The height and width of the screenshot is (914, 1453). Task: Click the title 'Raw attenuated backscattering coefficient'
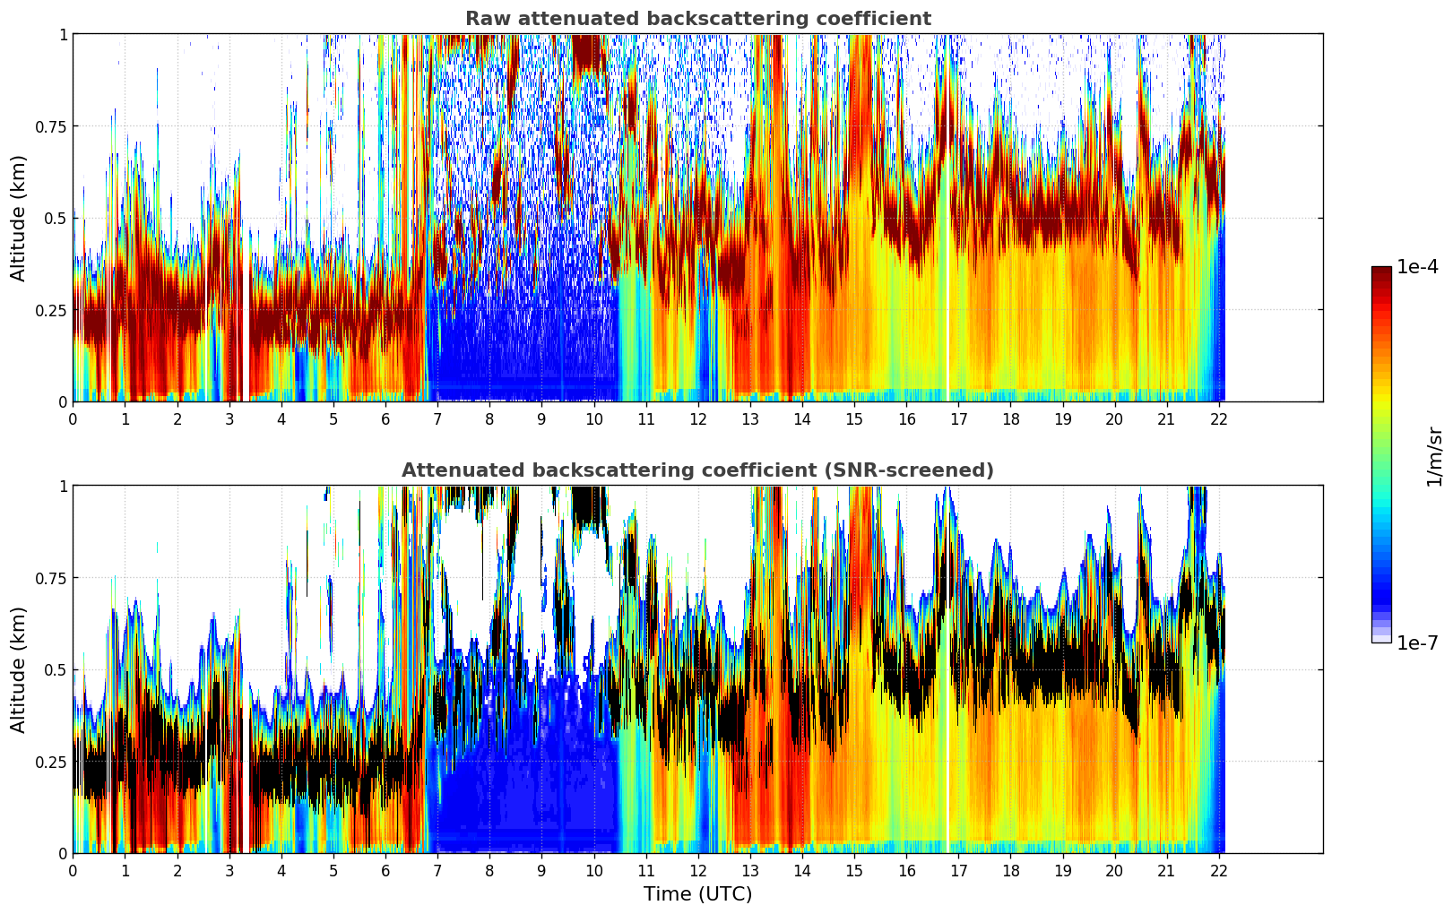coord(697,19)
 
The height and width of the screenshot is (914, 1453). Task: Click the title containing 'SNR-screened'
coord(697,470)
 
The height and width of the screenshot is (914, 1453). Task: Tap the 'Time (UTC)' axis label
coord(697,894)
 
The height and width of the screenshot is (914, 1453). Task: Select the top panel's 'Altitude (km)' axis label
coord(19,218)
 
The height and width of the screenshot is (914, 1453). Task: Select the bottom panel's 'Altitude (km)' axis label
coord(19,669)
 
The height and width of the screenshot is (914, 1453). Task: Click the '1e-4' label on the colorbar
coord(1417,267)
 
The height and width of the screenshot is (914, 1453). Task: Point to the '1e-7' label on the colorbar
coord(1417,642)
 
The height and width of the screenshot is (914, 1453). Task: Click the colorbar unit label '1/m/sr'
coord(1434,456)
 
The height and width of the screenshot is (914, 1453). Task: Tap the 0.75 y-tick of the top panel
coord(51,126)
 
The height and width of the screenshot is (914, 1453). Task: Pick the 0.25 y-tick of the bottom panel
coord(51,762)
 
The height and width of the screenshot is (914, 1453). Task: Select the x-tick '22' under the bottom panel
coord(1218,871)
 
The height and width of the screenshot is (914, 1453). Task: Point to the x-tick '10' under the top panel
coord(593,419)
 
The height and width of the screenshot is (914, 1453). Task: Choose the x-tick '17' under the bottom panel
coord(958,871)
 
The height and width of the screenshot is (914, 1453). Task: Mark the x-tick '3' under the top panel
coord(229,419)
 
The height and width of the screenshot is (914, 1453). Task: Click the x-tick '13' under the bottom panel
coord(749,871)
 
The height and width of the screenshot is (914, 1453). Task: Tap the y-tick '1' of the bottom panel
coord(63,487)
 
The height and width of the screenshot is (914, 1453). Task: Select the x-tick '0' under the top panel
coord(73,419)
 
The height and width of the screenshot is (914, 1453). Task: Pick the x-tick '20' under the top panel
coord(1114,419)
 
